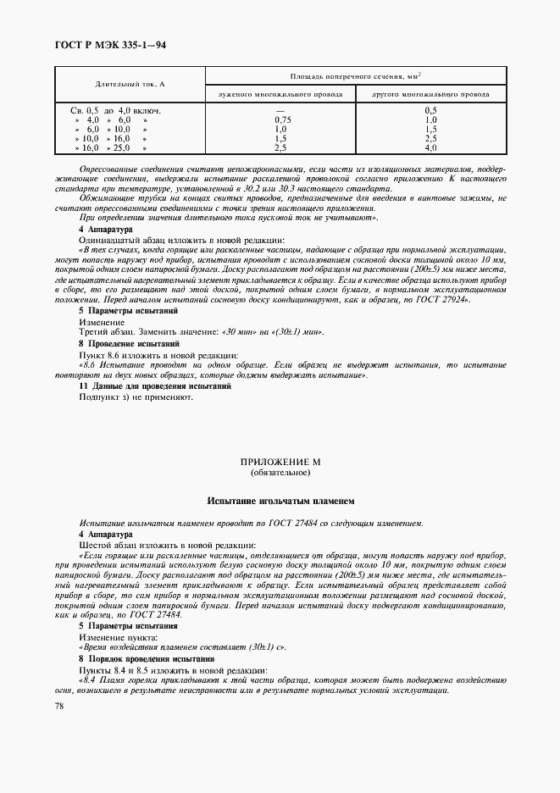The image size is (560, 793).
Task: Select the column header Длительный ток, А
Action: (x=130, y=85)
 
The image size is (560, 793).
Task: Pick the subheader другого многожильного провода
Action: (x=430, y=94)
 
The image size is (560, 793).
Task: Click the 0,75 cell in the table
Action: (x=283, y=119)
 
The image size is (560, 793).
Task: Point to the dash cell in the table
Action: (x=283, y=110)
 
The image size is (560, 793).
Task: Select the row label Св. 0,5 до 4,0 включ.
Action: (x=115, y=110)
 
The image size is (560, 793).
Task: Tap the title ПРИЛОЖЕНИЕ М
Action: (x=280, y=462)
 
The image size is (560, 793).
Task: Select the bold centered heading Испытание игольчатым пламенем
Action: (x=280, y=502)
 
